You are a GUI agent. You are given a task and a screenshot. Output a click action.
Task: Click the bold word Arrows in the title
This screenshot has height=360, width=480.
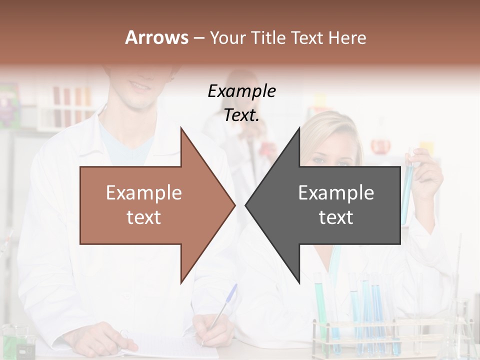(x=156, y=37)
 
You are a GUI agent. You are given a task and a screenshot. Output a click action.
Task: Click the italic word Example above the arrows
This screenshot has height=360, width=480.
(x=241, y=91)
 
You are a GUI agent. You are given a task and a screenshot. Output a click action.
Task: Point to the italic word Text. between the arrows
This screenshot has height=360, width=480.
(x=241, y=115)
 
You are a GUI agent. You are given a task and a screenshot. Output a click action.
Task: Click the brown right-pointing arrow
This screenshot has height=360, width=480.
(x=150, y=205)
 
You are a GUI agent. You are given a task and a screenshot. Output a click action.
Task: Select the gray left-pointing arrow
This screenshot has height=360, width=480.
(x=330, y=205)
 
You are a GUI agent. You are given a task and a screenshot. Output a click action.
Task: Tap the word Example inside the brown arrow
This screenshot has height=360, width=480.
(x=144, y=193)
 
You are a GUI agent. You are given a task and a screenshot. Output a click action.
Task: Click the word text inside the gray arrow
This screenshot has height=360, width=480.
(x=336, y=217)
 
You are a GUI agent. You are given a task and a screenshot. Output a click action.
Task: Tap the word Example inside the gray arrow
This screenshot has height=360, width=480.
(x=336, y=193)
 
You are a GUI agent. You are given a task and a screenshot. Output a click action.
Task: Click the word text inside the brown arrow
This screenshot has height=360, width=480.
(x=144, y=217)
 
